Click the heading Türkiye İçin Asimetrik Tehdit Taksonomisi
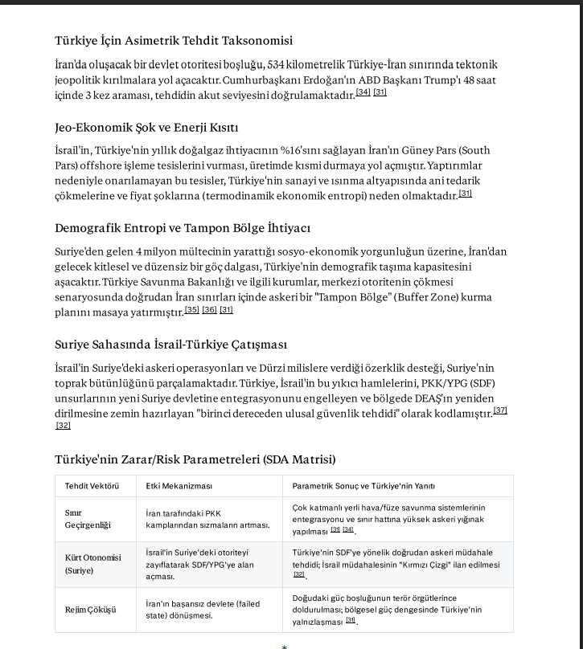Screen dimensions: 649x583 (x=174, y=40)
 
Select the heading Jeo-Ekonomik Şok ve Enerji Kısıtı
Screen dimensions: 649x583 (x=146, y=127)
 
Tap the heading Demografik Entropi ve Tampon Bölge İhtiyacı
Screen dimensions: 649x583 (x=183, y=228)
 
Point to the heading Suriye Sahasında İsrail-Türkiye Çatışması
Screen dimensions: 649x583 (x=170, y=344)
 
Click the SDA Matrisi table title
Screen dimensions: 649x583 (x=195, y=459)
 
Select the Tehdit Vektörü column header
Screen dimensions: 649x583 (x=92, y=486)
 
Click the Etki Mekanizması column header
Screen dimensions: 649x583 (x=179, y=486)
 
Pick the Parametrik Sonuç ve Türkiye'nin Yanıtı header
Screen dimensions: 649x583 (x=363, y=486)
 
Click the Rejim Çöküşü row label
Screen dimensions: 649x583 (x=90, y=610)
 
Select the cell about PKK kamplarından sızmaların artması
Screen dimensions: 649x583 (x=207, y=519)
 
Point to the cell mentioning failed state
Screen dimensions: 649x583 (x=203, y=610)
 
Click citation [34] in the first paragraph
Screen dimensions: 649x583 (x=363, y=93)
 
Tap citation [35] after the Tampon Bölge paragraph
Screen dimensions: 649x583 (x=192, y=310)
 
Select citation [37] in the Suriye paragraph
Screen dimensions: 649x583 (x=500, y=411)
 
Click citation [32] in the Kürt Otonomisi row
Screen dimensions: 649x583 (x=299, y=575)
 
